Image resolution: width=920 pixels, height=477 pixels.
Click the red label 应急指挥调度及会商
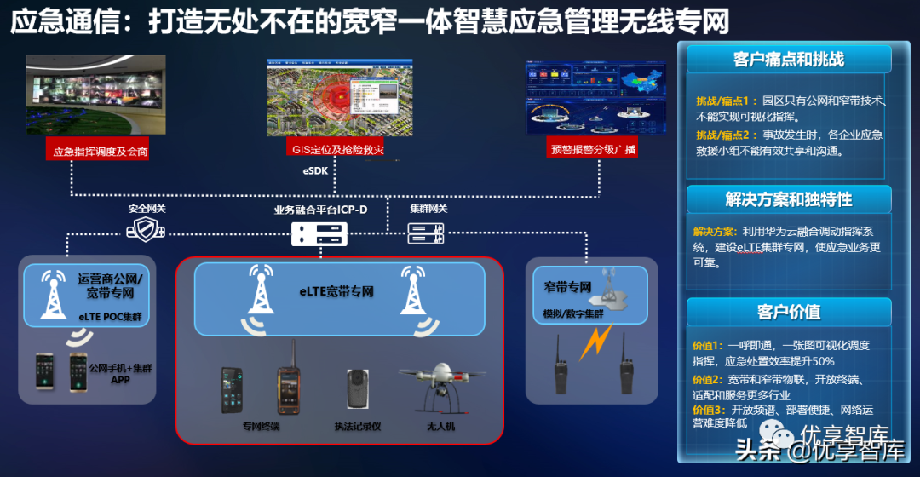100,152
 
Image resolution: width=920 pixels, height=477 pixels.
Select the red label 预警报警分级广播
594,150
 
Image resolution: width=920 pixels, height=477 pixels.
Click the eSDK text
315,170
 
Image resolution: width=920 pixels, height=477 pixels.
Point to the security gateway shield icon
145,228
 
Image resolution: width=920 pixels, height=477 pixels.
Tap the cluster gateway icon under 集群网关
425,231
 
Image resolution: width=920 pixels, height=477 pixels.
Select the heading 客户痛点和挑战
788,60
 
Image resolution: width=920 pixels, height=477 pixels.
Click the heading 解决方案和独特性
788,199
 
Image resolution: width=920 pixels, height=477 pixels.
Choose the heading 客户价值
788,312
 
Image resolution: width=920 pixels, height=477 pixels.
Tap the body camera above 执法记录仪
356,391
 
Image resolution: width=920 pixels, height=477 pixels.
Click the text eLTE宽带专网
336,292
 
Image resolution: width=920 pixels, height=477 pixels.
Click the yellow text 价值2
707,379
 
